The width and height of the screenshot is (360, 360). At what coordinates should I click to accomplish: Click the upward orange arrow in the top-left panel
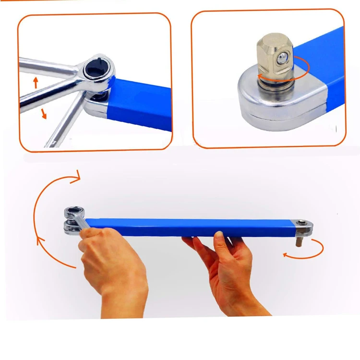tap(36, 82)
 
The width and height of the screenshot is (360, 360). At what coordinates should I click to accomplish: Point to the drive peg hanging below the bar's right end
tap(298, 241)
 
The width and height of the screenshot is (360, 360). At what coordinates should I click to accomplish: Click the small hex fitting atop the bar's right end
tap(301, 222)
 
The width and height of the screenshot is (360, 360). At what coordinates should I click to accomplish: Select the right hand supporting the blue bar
tap(230, 274)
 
